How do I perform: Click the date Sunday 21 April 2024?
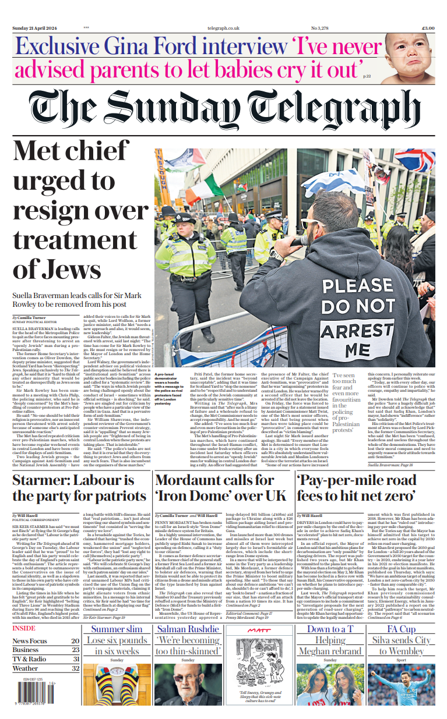pyautogui.click(x=36, y=28)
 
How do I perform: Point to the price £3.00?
pyautogui.click(x=427, y=28)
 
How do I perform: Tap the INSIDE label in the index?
pyautogui.click(x=24, y=628)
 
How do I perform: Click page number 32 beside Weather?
pyautogui.click(x=75, y=668)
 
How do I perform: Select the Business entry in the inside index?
pyautogui.click(x=26, y=650)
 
